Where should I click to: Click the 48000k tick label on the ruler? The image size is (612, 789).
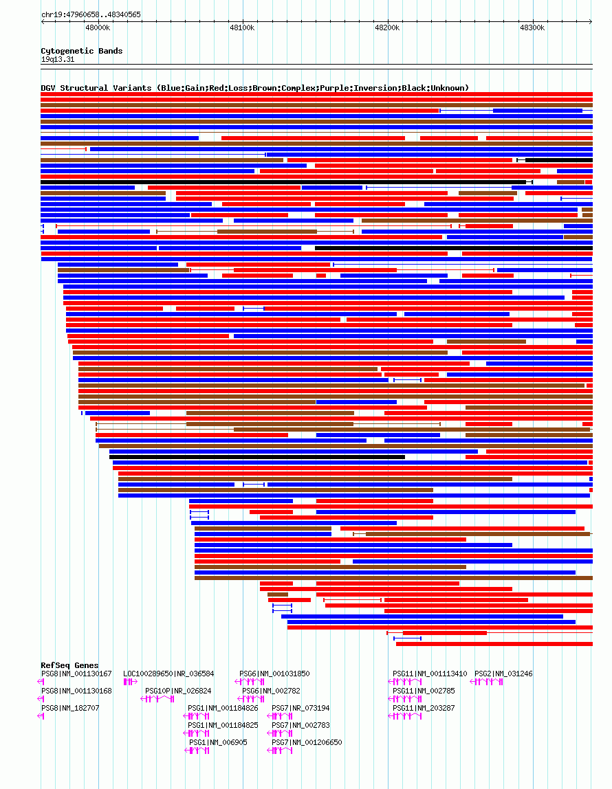tap(98, 27)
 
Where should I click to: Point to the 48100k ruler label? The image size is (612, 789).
tap(242, 27)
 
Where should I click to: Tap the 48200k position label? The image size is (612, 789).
tap(387, 27)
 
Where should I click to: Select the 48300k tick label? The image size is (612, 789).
tap(532, 27)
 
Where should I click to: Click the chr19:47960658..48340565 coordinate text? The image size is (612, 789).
tap(91, 14)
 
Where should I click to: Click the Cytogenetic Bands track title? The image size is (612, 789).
tap(81, 51)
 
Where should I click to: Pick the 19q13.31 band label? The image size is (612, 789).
tap(58, 59)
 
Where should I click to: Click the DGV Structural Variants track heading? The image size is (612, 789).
tap(254, 88)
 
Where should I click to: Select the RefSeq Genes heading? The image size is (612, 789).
tap(69, 665)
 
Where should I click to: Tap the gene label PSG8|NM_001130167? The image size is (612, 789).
tap(76, 674)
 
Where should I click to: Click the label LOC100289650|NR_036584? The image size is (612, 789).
tap(168, 674)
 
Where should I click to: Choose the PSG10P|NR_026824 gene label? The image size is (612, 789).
tap(178, 691)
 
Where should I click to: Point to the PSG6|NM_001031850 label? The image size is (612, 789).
tap(274, 674)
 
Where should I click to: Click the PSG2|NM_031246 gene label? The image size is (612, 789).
tap(503, 674)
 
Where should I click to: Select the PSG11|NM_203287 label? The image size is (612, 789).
tap(424, 708)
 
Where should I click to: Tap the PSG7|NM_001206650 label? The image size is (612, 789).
tap(307, 742)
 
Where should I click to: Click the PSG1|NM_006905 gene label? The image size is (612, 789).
tap(218, 742)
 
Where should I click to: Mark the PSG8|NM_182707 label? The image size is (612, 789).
tap(70, 708)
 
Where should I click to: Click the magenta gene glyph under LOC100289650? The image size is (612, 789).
tap(130, 682)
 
